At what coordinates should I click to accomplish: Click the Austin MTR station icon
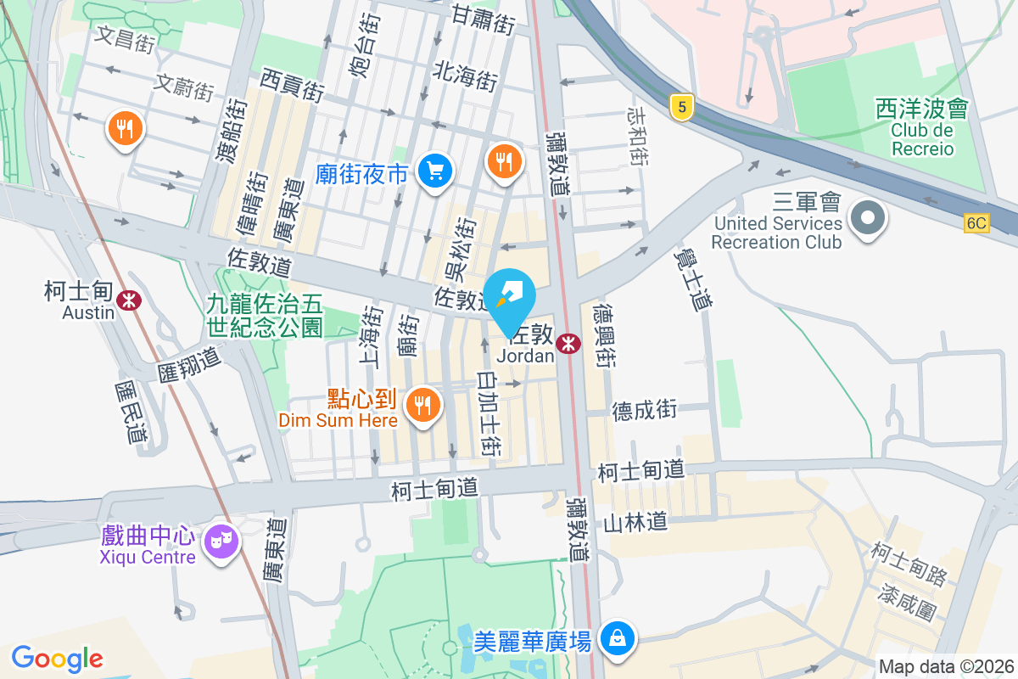coord(129,300)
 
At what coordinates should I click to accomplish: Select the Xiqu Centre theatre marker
coord(222,539)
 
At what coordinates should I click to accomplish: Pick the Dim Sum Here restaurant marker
coord(422,404)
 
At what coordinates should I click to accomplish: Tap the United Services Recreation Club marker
coord(867,219)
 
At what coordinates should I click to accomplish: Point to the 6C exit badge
coord(976,223)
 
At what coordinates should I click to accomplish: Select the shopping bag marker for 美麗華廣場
coord(618,637)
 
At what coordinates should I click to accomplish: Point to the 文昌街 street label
coord(126,38)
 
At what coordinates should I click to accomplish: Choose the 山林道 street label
coord(635,521)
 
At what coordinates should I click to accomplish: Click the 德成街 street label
coord(645,410)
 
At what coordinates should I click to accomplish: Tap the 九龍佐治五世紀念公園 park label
coord(264,314)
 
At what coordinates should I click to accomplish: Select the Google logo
coord(57,659)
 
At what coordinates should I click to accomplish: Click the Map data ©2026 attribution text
coord(946,667)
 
